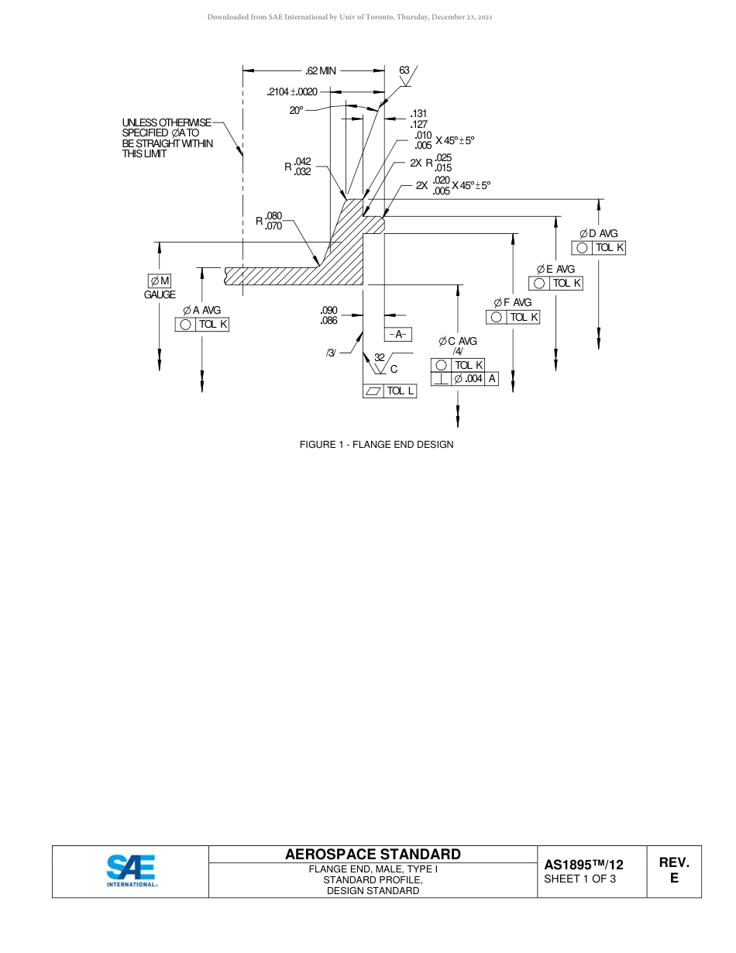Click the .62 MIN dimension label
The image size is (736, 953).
[x=321, y=71]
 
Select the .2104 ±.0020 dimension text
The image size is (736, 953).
[x=291, y=92]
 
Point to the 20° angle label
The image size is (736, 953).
[x=297, y=111]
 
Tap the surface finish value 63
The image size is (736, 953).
[x=404, y=71]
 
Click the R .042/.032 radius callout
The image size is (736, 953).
[x=298, y=167]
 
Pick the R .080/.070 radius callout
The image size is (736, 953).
[x=270, y=221]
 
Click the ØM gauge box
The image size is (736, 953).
[x=160, y=280]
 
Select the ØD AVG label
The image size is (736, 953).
[x=599, y=233]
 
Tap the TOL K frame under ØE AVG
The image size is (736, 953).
[x=555, y=283]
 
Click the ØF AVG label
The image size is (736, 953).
[x=512, y=302]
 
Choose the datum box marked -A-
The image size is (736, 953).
[x=398, y=335]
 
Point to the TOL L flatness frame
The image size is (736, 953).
[x=390, y=391]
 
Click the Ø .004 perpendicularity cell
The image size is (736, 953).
[x=469, y=379]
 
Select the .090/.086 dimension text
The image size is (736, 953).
[x=329, y=315]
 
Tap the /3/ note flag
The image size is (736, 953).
[x=331, y=353]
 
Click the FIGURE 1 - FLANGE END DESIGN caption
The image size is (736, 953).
[x=377, y=445]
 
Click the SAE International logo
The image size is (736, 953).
[x=131, y=871]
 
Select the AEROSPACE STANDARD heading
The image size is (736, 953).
[x=373, y=855]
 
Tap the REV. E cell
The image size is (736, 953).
[x=674, y=871]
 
